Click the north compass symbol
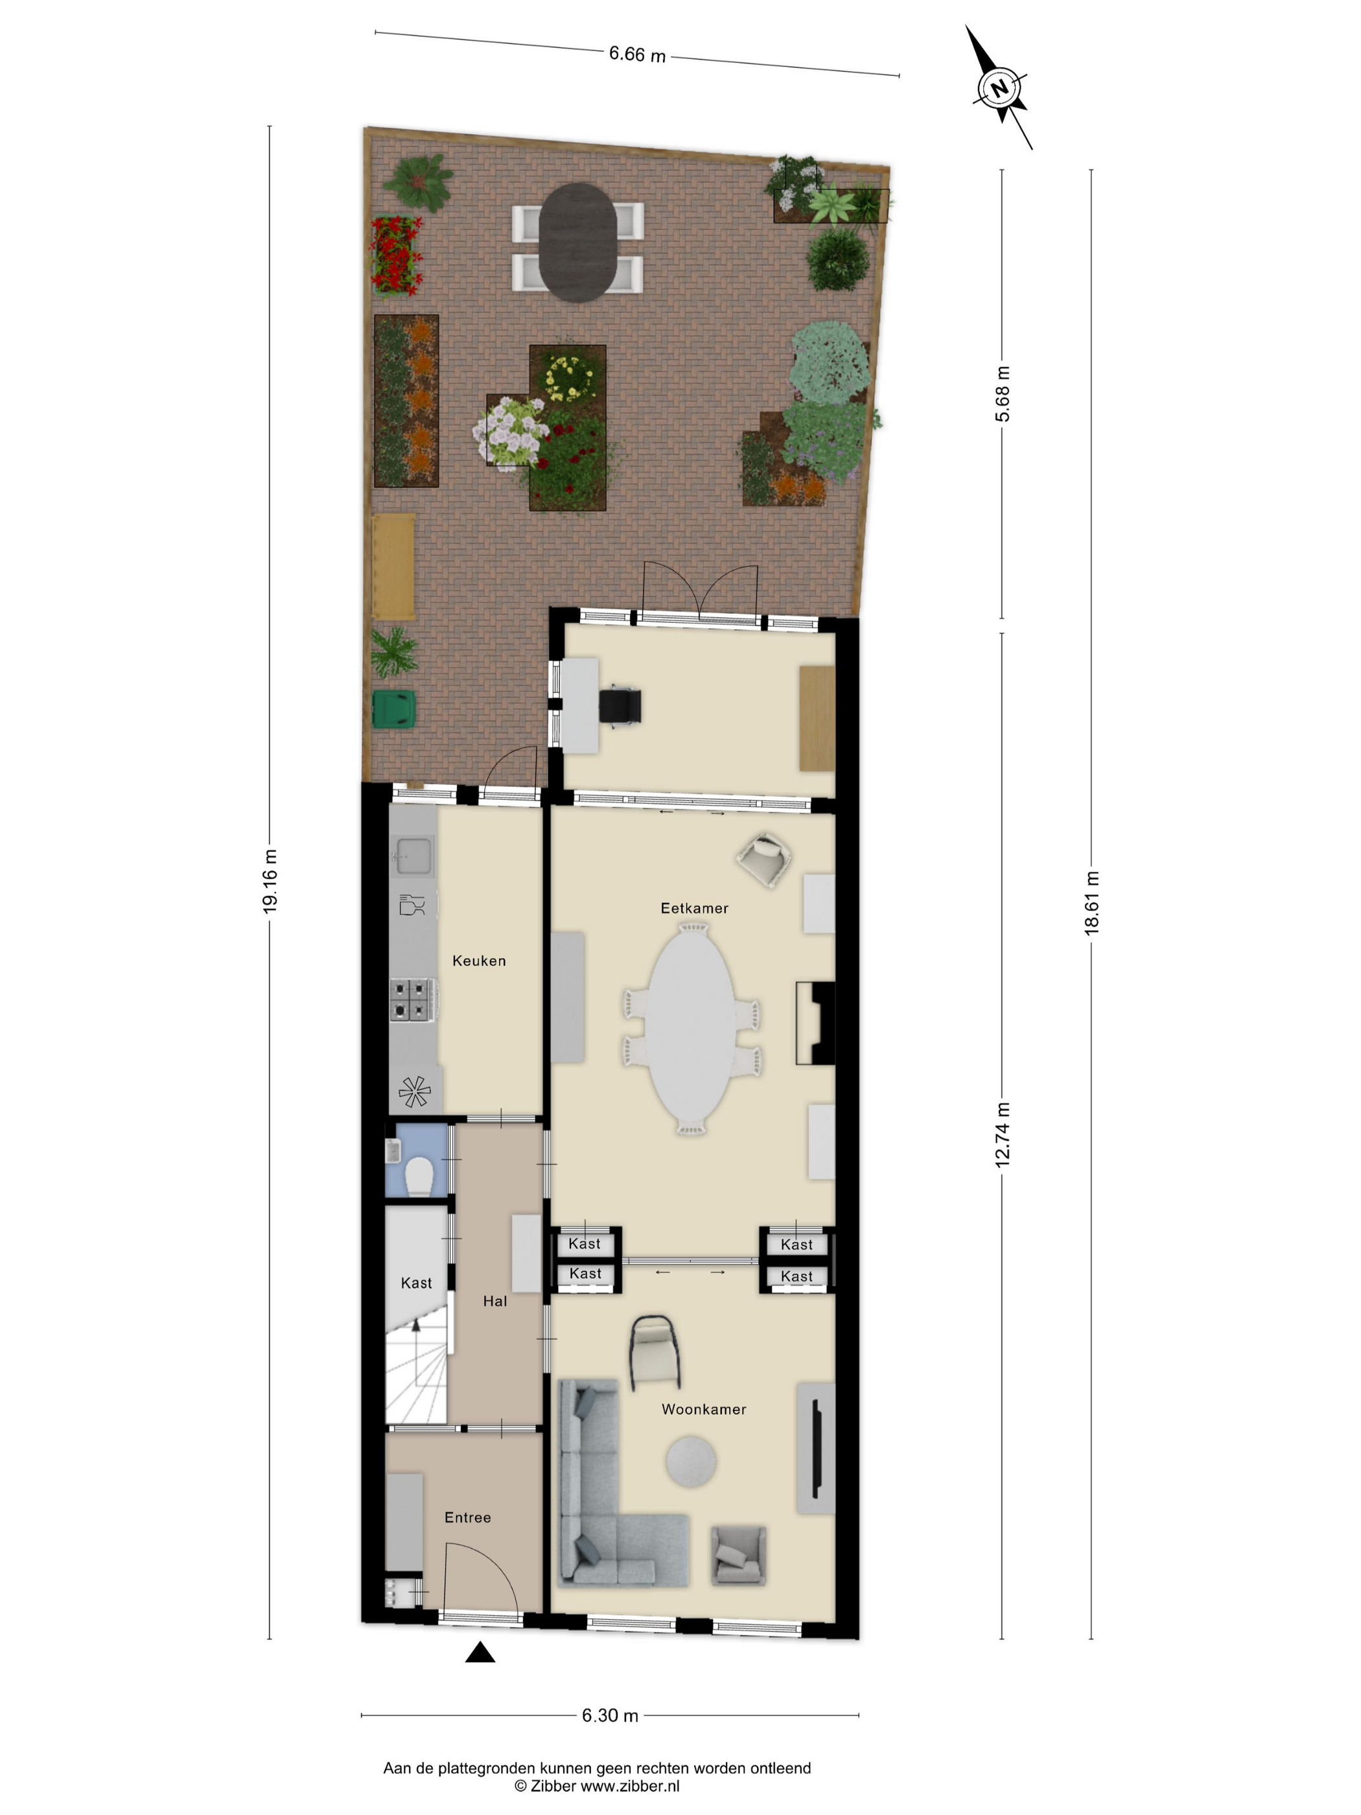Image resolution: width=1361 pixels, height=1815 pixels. point(999,88)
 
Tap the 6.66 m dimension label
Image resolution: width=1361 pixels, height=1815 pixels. point(636,54)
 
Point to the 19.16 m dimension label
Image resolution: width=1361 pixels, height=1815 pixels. point(270,880)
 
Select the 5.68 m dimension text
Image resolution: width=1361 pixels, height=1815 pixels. point(1002,394)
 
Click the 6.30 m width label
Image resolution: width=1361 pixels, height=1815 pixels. point(610,1716)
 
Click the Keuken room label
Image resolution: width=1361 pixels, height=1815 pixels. point(479,961)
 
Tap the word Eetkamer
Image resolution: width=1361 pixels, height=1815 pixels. point(694,908)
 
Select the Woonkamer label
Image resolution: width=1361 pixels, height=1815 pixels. point(704,1410)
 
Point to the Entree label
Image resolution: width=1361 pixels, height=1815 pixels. point(468,1518)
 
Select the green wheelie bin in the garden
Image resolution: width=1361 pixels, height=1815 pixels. point(395,709)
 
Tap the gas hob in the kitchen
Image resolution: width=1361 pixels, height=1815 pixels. point(412,1000)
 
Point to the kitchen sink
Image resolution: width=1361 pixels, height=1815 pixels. point(414,856)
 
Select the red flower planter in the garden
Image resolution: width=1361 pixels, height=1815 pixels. point(397,255)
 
